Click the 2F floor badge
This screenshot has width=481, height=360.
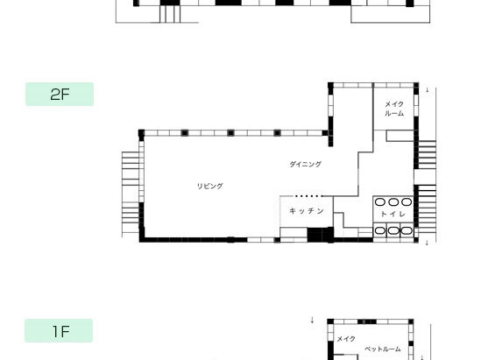pos(60,94)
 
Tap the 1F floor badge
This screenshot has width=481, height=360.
pos(59,330)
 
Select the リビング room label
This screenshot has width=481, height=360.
pos(209,186)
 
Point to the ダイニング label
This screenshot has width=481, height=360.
pos(305,164)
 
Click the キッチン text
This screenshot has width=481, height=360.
pos(307,211)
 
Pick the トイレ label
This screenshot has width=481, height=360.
pos(393,214)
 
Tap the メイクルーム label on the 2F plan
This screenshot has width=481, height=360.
pos(394,109)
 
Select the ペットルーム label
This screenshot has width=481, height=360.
pos(383,349)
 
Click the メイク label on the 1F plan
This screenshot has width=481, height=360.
pos(346,339)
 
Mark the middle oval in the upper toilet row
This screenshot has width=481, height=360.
pos(393,201)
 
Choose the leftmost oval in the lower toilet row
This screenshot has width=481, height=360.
pos(380,230)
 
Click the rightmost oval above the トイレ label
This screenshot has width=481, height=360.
pos(407,201)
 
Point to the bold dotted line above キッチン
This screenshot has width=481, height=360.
pos(309,196)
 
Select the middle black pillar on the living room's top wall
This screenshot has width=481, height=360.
pos(230,133)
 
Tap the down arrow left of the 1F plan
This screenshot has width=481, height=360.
pos(312,320)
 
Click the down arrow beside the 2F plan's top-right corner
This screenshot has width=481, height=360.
pos(428,90)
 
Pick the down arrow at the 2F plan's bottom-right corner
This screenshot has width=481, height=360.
pos(427,243)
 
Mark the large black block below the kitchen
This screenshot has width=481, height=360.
pos(321,235)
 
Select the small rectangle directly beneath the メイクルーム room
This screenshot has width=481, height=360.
pos(400,136)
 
